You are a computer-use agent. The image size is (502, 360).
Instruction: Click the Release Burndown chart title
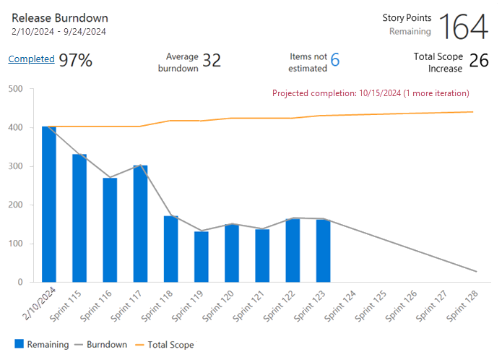tap(59, 17)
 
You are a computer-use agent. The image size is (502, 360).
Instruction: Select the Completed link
tap(31, 59)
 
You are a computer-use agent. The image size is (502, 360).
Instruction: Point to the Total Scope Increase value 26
tap(479, 61)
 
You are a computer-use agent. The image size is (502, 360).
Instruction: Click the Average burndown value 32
tap(212, 61)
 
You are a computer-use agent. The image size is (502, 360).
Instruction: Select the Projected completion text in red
tap(371, 93)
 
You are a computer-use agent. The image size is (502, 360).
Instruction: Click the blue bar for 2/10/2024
tap(49, 205)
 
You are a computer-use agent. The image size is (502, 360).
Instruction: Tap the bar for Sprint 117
tap(140, 224)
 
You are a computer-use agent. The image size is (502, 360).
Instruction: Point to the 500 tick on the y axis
tap(15, 89)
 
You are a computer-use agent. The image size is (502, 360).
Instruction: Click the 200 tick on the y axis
tap(15, 205)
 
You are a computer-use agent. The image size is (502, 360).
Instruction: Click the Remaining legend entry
tap(41, 345)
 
